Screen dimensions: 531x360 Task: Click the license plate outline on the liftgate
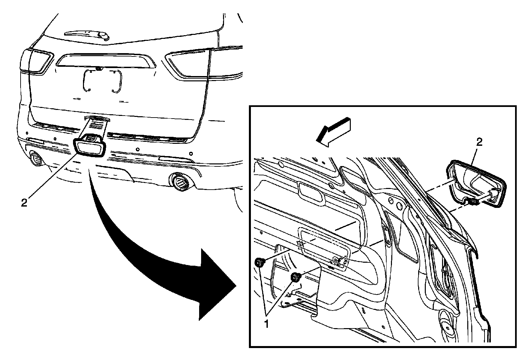click(x=102, y=80)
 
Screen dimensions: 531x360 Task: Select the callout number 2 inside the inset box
click(x=479, y=142)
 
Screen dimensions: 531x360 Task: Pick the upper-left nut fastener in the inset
click(x=259, y=263)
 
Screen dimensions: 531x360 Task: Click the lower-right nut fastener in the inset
click(x=295, y=277)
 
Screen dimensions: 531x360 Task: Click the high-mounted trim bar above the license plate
click(x=106, y=61)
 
